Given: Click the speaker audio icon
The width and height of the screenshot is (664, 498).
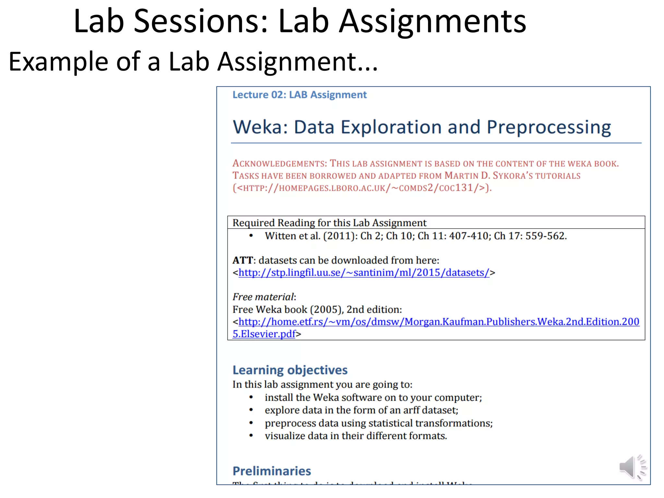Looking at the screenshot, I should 632,467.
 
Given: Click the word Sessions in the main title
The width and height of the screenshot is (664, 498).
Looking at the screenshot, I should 201,21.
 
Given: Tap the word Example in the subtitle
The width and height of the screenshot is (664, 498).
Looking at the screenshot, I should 58,62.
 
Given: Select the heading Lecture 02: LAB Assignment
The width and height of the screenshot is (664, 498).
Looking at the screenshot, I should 300,95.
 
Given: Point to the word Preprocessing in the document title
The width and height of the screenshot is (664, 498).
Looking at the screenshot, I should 549,127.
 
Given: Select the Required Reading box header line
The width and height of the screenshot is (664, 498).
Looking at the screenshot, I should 329,223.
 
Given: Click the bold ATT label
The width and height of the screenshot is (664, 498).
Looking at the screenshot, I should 243,260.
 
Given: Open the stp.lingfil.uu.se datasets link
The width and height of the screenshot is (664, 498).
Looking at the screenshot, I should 364,273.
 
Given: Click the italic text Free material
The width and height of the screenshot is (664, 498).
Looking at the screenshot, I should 263,297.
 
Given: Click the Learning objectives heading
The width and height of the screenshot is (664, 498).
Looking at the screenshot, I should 290,370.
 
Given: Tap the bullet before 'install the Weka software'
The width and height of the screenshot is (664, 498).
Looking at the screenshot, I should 251,397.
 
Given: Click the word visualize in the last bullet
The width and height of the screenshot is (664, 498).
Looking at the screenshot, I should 285,436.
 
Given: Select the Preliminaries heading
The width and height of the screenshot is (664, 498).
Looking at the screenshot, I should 272,471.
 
